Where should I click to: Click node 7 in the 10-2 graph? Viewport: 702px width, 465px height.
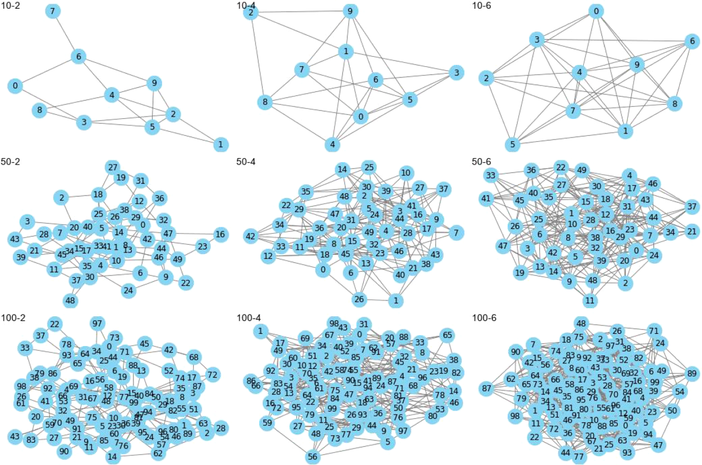point(53,11)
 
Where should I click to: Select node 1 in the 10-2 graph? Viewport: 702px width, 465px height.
point(220,143)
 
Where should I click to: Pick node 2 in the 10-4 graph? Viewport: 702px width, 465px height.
point(251,12)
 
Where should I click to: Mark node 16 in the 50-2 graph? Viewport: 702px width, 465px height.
point(220,234)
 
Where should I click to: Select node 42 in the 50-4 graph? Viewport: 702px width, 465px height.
point(251,237)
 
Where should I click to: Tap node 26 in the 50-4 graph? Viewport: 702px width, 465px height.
point(359,300)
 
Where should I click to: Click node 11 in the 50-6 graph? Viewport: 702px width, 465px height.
point(590,301)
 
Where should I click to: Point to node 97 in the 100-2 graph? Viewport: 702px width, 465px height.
point(97,324)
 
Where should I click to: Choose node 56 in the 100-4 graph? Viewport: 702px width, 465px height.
point(312,457)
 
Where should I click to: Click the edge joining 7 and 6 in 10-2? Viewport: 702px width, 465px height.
point(66,34)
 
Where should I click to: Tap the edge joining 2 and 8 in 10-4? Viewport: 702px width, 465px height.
point(257,57)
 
